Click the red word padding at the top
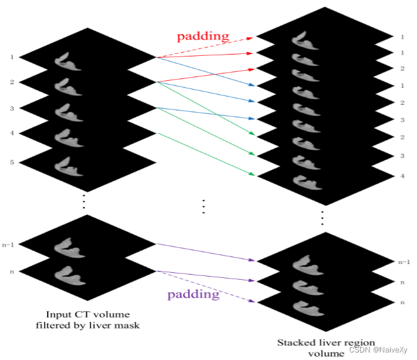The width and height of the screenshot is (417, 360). [x=203, y=36]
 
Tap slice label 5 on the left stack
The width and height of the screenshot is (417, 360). [x=11, y=162]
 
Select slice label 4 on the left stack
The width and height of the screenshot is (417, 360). [x=11, y=133]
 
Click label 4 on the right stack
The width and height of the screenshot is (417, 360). [x=402, y=176]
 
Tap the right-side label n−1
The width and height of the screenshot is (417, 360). [x=404, y=262]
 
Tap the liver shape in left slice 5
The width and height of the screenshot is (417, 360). [x=70, y=166]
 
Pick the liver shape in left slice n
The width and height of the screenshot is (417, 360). [x=70, y=275]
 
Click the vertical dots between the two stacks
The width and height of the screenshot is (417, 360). [x=203, y=206]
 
